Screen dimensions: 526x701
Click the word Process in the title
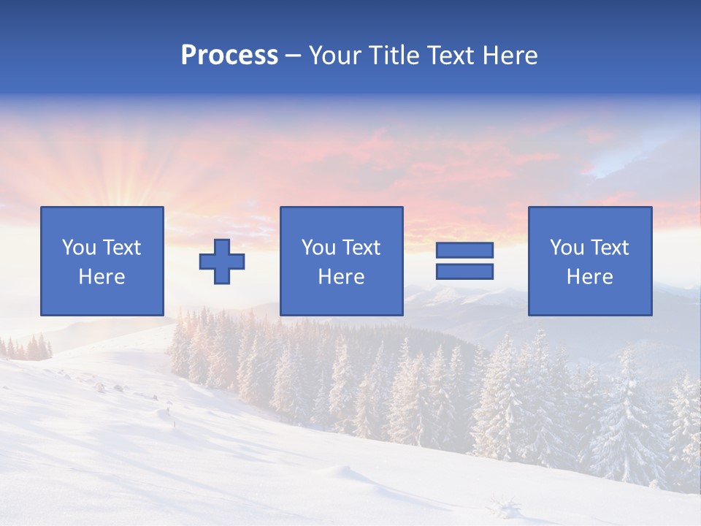pyautogui.click(x=229, y=56)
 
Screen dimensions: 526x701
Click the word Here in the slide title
pyautogui.click(x=510, y=56)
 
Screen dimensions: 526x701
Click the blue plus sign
pyautogui.click(x=222, y=261)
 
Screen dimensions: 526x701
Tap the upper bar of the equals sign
pyautogui.click(x=464, y=251)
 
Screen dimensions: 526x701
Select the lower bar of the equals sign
pyautogui.click(x=464, y=271)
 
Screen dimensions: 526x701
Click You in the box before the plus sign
pyautogui.click(x=79, y=248)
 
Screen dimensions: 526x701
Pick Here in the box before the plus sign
pyautogui.click(x=101, y=277)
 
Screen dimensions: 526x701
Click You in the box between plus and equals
pyautogui.click(x=318, y=248)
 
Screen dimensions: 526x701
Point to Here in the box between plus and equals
pyautogui.click(x=341, y=277)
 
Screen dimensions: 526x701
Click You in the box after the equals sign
pyautogui.click(x=567, y=248)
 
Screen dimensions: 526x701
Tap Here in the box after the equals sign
pyautogui.click(x=589, y=277)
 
